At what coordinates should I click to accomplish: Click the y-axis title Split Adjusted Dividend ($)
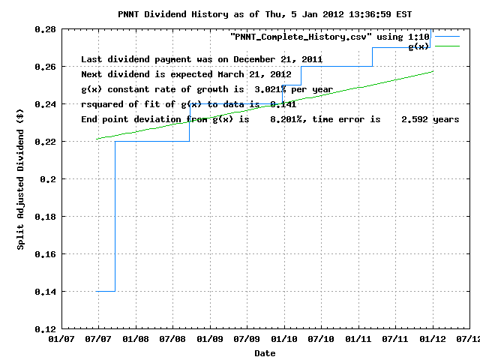[21, 179]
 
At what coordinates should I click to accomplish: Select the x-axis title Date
[265, 352]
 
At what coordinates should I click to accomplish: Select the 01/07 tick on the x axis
[61, 340]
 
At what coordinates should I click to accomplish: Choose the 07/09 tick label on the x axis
[247, 340]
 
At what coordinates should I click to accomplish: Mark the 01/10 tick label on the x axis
[284, 340]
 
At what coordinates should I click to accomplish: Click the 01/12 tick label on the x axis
[433, 340]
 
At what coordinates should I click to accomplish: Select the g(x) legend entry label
[418, 46]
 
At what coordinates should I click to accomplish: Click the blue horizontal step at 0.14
[106, 291]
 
